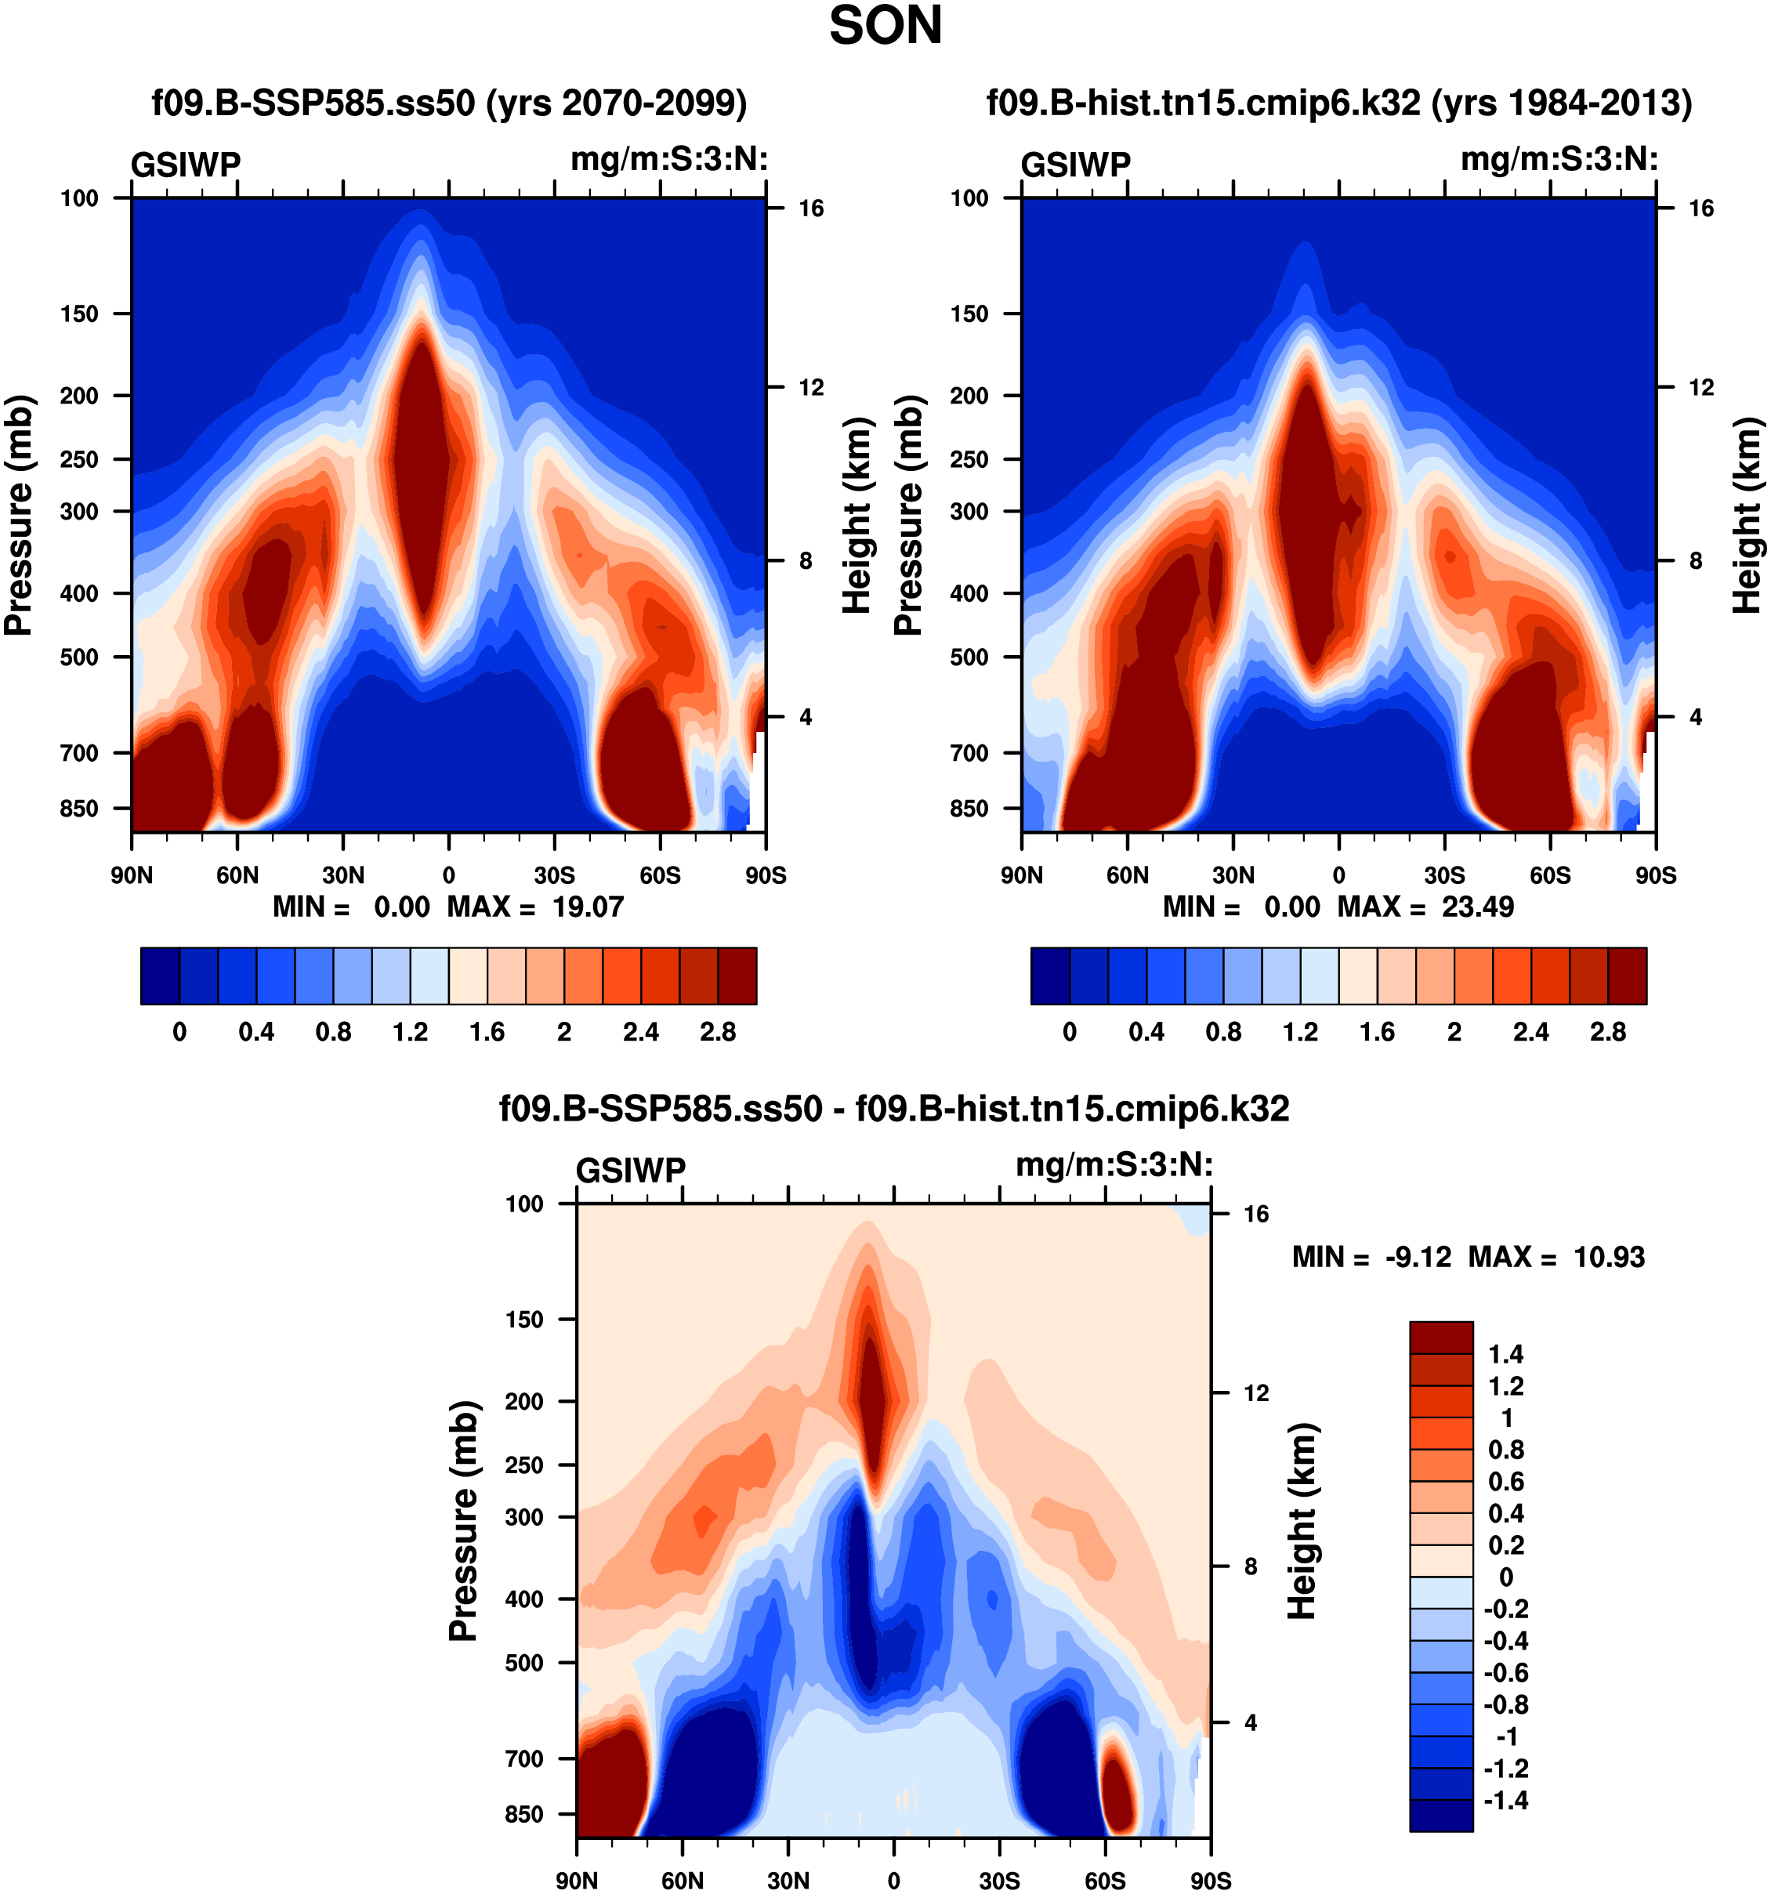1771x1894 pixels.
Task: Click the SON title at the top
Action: (x=885, y=26)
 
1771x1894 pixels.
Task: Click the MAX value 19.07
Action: (x=588, y=906)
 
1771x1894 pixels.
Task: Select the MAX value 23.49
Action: (x=1478, y=906)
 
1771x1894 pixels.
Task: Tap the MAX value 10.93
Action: (x=1609, y=1257)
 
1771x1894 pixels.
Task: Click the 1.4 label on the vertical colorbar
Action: (x=1505, y=1354)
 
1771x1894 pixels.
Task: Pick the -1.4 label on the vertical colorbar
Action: (x=1505, y=1800)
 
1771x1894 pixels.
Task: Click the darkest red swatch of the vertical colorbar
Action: (x=1440, y=1337)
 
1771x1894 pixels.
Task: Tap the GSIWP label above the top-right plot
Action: (x=1076, y=165)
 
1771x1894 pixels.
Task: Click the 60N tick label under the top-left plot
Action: (x=237, y=875)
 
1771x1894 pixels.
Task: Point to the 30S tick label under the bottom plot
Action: (x=999, y=1880)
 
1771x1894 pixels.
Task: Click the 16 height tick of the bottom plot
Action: (x=1255, y=1213)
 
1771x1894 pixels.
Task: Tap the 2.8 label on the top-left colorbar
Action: (x=717, y=1032)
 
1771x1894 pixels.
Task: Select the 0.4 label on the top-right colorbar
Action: (x=1146, y=1032)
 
